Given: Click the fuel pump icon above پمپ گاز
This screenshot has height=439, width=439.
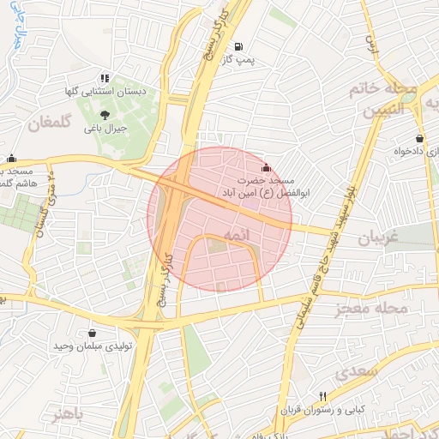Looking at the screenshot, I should (x=238, y=46).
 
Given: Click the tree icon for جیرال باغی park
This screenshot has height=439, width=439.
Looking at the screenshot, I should (x=105, y=114).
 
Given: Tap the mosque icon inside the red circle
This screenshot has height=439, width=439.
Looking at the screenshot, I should (x=265, y=167).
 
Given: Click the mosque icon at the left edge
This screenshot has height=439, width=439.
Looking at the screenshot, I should (x=11, y=158).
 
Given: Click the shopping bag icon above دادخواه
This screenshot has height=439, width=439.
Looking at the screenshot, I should (x=418, y=138).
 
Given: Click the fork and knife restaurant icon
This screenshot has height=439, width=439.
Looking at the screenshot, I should (x=322, y=396).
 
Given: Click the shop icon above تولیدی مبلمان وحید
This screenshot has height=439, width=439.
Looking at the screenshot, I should (x=92, y=333).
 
